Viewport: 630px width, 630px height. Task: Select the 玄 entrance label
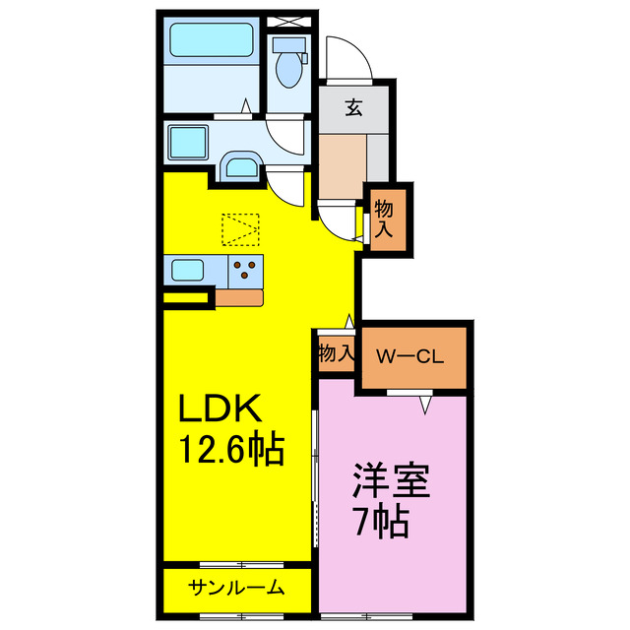coord(351,108)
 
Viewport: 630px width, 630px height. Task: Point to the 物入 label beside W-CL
coord(336,352)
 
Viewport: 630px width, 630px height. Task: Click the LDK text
coord(219,409)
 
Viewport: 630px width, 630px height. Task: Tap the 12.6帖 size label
coord(230,451)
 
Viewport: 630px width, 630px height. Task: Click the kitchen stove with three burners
coord(247,268)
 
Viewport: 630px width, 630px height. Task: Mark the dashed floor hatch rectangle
coord(241,229)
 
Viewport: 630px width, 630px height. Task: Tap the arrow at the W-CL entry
coord(426,404)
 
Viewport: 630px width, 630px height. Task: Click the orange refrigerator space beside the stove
coord(239,295)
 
